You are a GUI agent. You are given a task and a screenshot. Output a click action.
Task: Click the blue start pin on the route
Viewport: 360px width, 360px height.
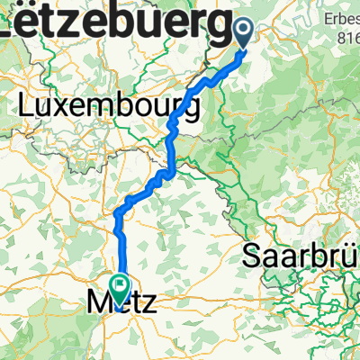tap(244, 32)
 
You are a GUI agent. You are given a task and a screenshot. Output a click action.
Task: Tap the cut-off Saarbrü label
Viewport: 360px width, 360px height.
tap(301, 257)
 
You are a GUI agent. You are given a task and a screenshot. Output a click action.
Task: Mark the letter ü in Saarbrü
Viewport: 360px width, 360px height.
tap(350, 257)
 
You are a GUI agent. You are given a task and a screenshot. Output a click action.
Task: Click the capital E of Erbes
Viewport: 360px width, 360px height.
tap(328, 19)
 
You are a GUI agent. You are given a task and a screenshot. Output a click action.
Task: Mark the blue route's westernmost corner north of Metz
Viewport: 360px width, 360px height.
tap(117, 214)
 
